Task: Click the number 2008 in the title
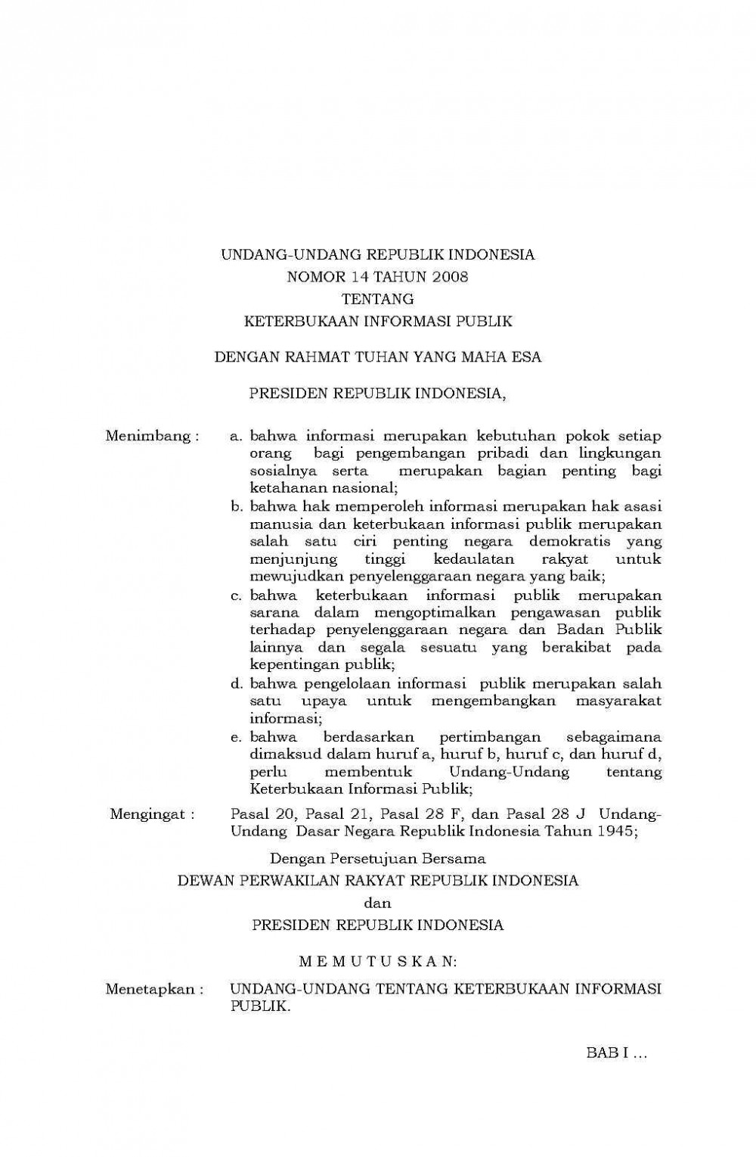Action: pyautogui.click(x=451, y=277)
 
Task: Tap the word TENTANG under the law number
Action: pyautogui.click(x=378, y=299)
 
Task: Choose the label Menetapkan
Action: pyautogui.click(x=155, y=989)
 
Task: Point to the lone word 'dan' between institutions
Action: pyautogui.click(x=377, y=903)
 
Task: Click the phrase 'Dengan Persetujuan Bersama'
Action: pyautogui.click(x=378, y=859)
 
